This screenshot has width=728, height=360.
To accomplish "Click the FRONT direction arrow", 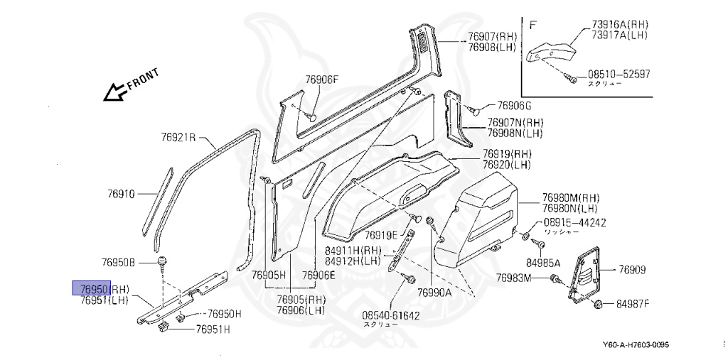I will tap(114, 92).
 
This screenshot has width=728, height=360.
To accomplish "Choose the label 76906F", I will tap(322, 80).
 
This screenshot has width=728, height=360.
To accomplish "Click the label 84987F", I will tap(633, 304).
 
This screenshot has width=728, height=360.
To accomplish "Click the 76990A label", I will tap(434, 292).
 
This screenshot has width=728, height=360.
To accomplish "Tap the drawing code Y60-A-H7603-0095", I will tap(635, 345).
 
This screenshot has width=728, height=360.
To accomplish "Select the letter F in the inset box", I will tap(533, 24).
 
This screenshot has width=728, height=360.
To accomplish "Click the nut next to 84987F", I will tap(598, 305).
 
